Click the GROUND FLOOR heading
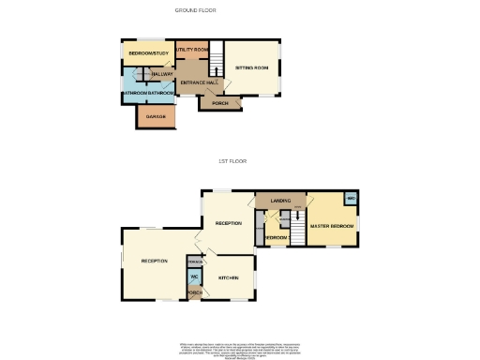[196, 9]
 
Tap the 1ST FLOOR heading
[231, 161]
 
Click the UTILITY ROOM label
[191, 49]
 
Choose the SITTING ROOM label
[251, 68]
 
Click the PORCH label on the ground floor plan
[219, 103]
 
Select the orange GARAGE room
[157, 116]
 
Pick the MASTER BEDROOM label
[332, 227]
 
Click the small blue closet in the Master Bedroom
[350, 199]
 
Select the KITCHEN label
[229, 277]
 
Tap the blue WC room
[195, 277]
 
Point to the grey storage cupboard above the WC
[195, 260]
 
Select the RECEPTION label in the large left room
[155, 261]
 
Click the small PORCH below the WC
[195, 293]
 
